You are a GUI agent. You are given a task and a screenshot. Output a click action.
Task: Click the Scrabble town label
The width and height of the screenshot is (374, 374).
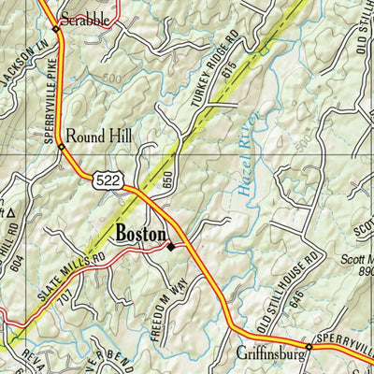84,18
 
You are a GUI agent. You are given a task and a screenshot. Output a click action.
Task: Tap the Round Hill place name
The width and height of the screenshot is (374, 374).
97,136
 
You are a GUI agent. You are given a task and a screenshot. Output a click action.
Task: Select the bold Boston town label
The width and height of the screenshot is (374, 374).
140,234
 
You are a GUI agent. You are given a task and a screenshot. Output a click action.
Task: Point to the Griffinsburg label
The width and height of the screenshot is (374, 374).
270,354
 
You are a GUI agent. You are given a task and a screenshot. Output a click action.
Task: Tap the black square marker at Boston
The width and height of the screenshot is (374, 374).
170,247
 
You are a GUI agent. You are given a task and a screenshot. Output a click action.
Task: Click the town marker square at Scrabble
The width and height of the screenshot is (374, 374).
55,29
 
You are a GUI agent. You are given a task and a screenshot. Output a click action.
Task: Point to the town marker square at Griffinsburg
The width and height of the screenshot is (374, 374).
309,347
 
